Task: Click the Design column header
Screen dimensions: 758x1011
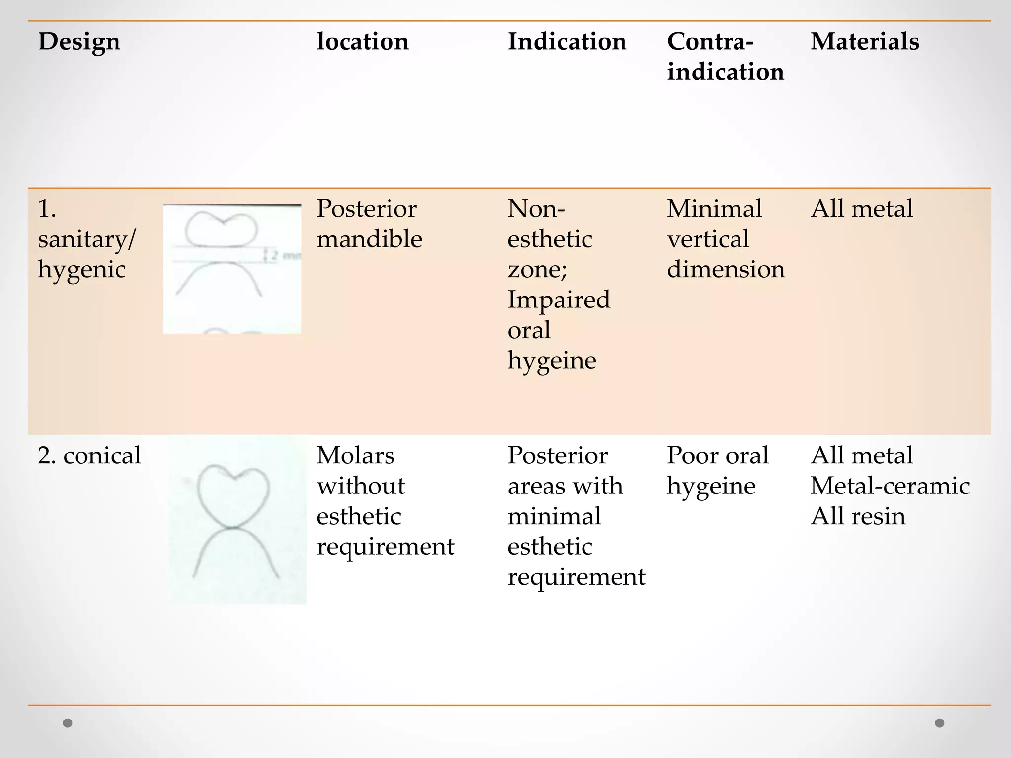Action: pyautogui.click(x=79, y=41)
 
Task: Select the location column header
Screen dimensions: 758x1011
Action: pyautogui.click(x=362, y=41)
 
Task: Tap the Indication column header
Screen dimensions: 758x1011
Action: pyautogui.click(x=567, y=41)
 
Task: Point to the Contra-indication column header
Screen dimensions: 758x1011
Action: pyautogui.click(x=725, y=56)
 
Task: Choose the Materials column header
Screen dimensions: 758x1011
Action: pyautogui.click(x=864, y=41)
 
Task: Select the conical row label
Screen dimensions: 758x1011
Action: pyautogui.click(x=89, y=455)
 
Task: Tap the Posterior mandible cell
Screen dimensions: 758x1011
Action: pyautogui.click(x=369, y=224)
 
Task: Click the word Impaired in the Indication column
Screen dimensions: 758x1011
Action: pyautogui.click(x=558, y=300)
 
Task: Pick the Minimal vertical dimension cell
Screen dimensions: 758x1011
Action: pyautogui.click(x=726, y=239)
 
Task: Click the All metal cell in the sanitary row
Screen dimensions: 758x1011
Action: pyautogui.click(x=861, y=209)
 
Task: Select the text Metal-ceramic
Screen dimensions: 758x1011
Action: pyautogui.click(x=890, y=486)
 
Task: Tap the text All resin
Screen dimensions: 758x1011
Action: pyautogui.click(x=858, y=516)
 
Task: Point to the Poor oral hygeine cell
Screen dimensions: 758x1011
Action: pyautogui.click(x=717, y=470)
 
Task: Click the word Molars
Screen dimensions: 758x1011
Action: pyautogui.click(x=355, y=455)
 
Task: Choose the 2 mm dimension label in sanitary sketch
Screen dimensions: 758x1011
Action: pyautogui.click(x=284, y=255)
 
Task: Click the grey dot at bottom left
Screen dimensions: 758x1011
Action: pyautogui.click(x=68, y=723)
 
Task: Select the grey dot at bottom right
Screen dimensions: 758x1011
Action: pyautogui.click(x=940, y=723)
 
